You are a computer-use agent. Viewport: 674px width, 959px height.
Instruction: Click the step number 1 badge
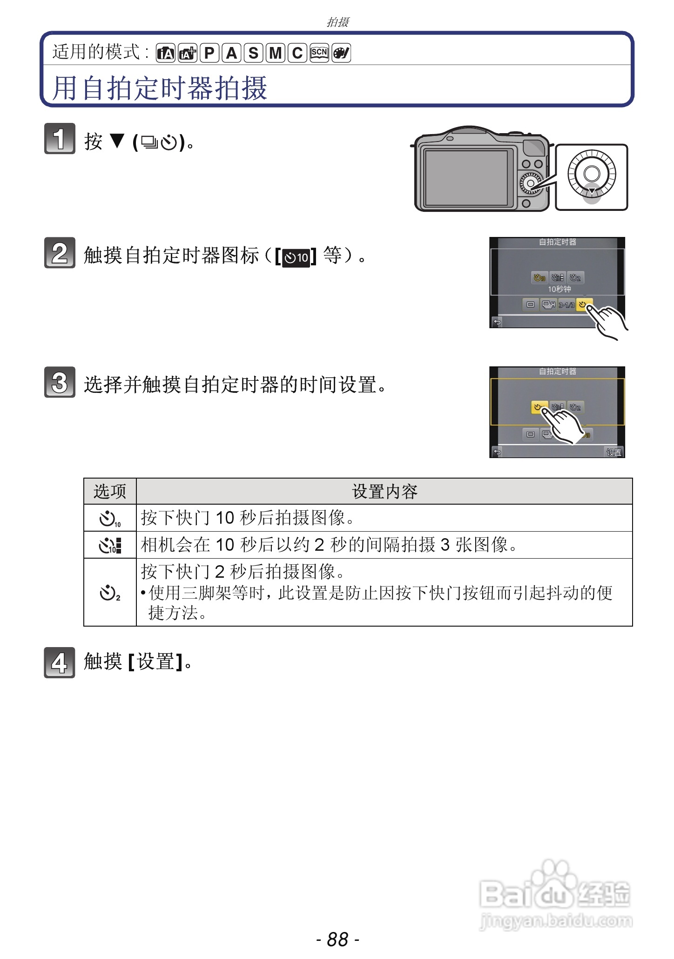click(60, 138)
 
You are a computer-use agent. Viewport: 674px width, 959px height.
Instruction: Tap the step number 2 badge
click(60, 253)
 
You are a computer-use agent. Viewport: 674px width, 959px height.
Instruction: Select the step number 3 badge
click(60, 382)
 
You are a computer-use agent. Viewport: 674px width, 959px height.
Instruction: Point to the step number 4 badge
click(60, 662)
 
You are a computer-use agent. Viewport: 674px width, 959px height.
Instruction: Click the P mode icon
click(209, 53)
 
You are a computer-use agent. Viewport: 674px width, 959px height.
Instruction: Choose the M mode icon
click(276, 53)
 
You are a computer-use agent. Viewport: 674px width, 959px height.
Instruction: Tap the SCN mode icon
click(319, 53)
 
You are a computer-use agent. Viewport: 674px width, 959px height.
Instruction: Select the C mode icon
click(297, 53)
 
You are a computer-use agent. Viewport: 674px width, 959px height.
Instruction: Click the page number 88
click(337, 939)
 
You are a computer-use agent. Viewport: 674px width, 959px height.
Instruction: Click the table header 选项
click(110, 491)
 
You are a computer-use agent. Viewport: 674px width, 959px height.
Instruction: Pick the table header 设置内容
click(384, 491)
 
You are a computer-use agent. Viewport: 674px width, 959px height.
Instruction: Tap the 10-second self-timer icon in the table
click(110, 518)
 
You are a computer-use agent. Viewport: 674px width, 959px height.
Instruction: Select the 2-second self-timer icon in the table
click(110, 593)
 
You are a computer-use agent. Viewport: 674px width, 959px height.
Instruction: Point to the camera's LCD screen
click(466, 177)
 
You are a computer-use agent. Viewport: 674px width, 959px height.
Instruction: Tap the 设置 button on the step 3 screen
click(613, 452)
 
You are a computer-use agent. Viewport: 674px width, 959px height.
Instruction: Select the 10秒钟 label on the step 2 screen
click(559, 289)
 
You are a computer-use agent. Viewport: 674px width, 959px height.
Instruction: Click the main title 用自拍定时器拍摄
click(160, 88)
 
